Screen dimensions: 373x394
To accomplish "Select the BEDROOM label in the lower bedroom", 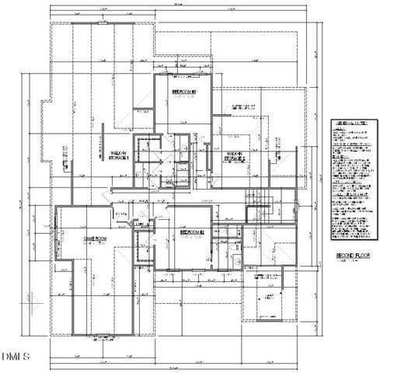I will click(191, 232).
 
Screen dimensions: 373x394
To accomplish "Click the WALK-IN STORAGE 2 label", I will click(235, 158).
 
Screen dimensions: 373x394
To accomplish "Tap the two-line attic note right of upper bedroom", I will click(243, 107).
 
